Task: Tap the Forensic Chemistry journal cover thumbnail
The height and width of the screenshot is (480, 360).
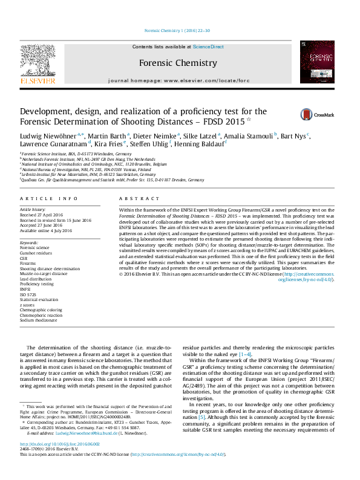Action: coord(317,62)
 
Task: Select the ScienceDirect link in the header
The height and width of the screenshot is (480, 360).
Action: coord(208,47)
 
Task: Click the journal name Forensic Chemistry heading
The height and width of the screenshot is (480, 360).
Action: coord(178,63)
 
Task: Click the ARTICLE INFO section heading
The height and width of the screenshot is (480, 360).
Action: coord(49,199)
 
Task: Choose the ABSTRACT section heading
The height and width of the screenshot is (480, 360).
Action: coord(139,199)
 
